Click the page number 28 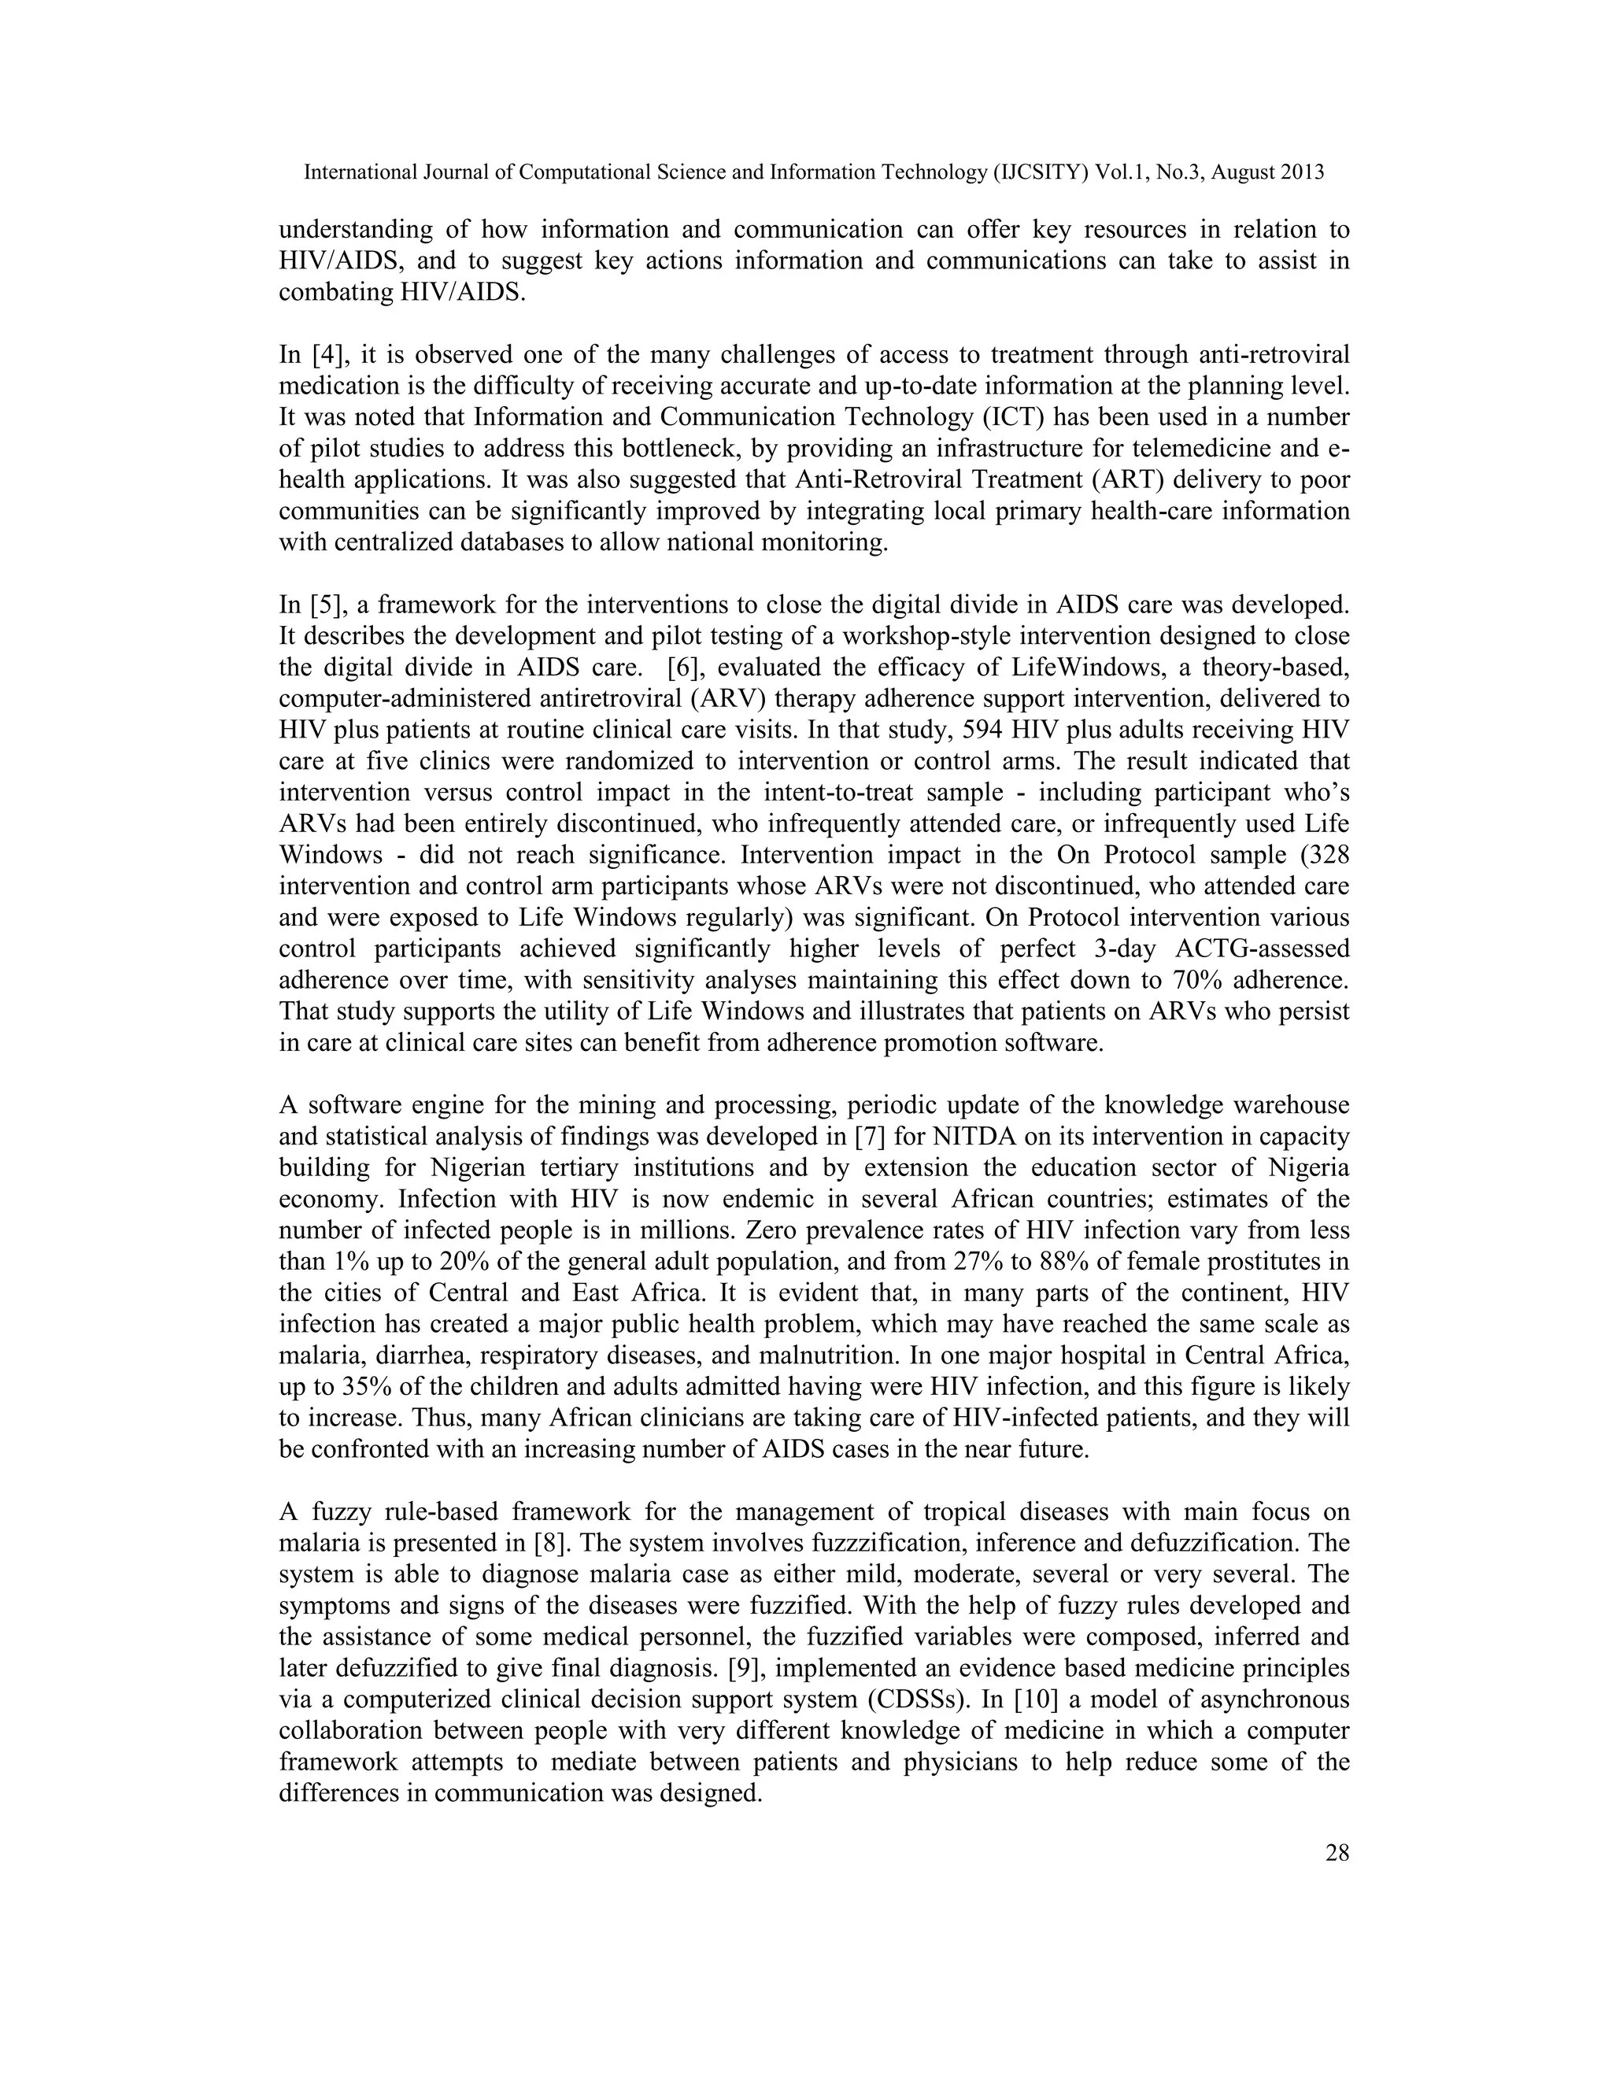tap(1337, 1854)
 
